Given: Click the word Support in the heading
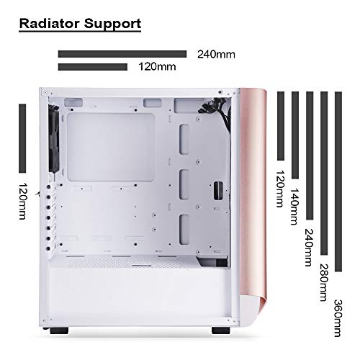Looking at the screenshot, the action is pyautogui.click(x=112, y=24).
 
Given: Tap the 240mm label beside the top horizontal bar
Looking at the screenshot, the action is pyautogui.click(x=216, y=55).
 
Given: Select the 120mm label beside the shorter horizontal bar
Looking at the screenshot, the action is pyautogui.click(x=157, y=66).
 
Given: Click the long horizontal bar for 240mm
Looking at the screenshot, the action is pyautogui.click(x=122, y=54).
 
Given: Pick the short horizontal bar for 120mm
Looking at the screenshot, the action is pyautogui.click(x=93, y=67).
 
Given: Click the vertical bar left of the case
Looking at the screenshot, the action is pyautogui.click(x=22, y=138).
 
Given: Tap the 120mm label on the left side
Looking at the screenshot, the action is pyautogui.click(x=22, y=201).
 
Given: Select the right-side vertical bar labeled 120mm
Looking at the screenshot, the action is pyautogui.click(x=281, y=126).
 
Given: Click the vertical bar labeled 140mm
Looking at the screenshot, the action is pyautogui.click(x=295, y=135).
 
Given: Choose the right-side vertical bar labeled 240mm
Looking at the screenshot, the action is pyautogui.click(x=310, y=156).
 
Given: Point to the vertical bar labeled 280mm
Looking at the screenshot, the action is pyautogui.click(x=324, y=173).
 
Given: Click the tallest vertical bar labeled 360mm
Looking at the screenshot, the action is pyautogui.click(x=338, y=181).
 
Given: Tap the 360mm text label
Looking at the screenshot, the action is pyautogui.click(x=338, y=318).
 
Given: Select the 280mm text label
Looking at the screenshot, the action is pyautogui.click(x=324, y=282).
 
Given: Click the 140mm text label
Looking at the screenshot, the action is pyautogui.click(x=295, y=207).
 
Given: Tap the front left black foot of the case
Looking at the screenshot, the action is pyautogui.click(x=59, y=330).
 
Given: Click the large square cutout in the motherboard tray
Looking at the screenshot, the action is pyautogui.click(x=111, y=148).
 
